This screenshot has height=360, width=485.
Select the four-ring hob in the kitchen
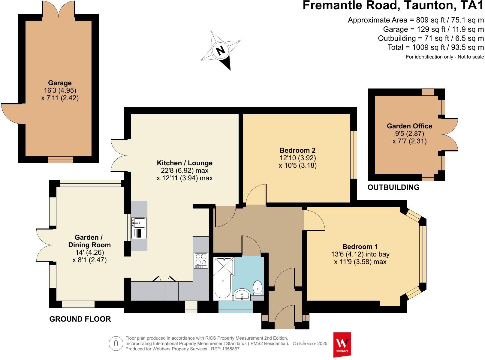click(x=201, y=260)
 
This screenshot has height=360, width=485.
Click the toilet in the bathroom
click(x=258, y=287)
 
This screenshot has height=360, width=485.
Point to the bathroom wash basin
click(x=242, y=294)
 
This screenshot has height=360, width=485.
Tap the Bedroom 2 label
click(x=297, y=150)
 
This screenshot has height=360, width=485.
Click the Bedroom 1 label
click(x=360, y=247)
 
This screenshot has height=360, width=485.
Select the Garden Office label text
click(x=409, y=126)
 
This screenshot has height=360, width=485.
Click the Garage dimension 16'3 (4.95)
click(x=60, y=90)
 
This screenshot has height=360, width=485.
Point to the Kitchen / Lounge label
click(x=185, y=163)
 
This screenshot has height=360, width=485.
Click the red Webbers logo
click(x=342, y=344)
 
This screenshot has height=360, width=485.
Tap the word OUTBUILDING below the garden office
click(x=393, y=187)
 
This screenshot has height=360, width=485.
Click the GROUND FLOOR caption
click(x=80, y=319)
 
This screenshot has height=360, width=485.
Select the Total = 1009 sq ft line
click(x=435, y=47)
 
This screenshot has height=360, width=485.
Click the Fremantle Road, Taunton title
click(x=393, y=6)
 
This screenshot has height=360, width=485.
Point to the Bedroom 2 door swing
click(x=255, y=195)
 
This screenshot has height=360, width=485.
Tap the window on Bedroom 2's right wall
click(x=354, y=155)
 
